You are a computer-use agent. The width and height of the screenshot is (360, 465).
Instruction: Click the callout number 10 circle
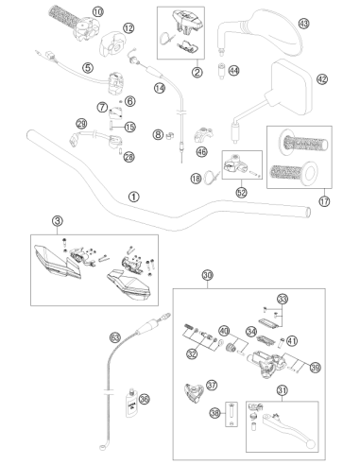98,12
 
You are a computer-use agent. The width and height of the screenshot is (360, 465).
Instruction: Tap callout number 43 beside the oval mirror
303,24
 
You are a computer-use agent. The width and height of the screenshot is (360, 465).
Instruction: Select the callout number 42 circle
322,78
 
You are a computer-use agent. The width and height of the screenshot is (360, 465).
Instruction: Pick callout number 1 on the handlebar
134,197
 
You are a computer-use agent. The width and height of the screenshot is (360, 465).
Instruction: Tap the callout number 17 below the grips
324,200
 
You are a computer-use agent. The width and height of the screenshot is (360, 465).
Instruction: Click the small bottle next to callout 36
131,404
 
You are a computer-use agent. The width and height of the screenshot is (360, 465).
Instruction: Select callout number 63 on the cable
115,337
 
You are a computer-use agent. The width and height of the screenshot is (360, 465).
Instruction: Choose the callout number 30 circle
207,275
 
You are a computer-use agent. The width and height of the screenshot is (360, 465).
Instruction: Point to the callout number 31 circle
283,390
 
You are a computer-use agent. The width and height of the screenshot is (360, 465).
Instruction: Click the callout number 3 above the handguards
58,221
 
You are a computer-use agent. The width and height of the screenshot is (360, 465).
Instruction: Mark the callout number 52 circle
242,192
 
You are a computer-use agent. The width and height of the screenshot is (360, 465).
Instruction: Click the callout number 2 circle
197,73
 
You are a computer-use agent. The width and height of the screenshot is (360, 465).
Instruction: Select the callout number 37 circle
212,385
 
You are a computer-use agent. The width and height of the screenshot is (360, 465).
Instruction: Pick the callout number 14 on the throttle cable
160,88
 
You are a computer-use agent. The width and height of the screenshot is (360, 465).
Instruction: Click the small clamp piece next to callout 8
170,136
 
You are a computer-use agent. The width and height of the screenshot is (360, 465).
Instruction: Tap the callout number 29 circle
81,123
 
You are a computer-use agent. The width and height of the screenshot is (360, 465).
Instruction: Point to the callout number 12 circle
129,28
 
